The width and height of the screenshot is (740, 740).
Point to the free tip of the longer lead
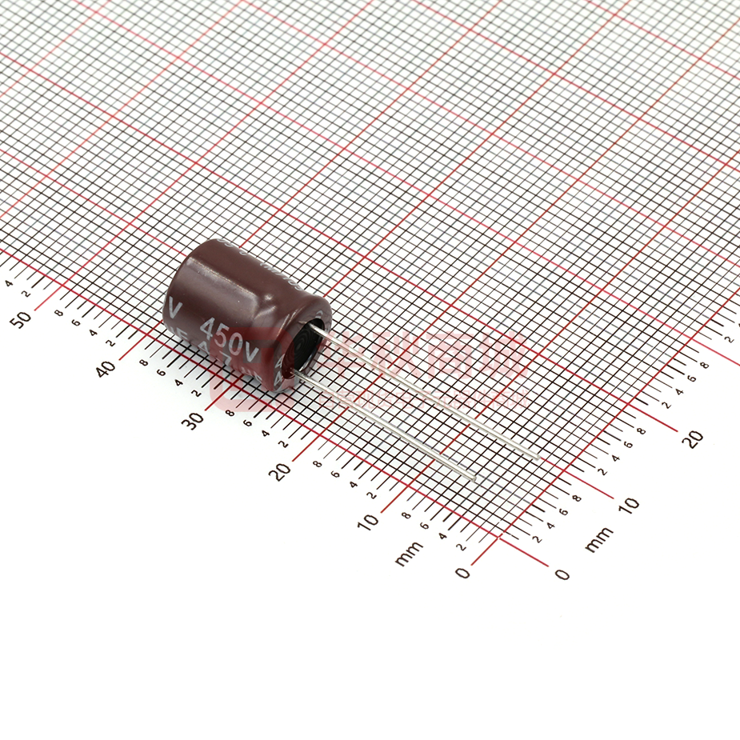coord(537,457)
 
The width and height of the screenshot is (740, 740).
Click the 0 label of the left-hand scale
coord(462,572)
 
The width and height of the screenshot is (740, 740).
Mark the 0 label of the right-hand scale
coord(562,574)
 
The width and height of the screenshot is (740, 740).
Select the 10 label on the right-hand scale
coord(629,505)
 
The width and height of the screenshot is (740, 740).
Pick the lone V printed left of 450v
coord(177,306)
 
